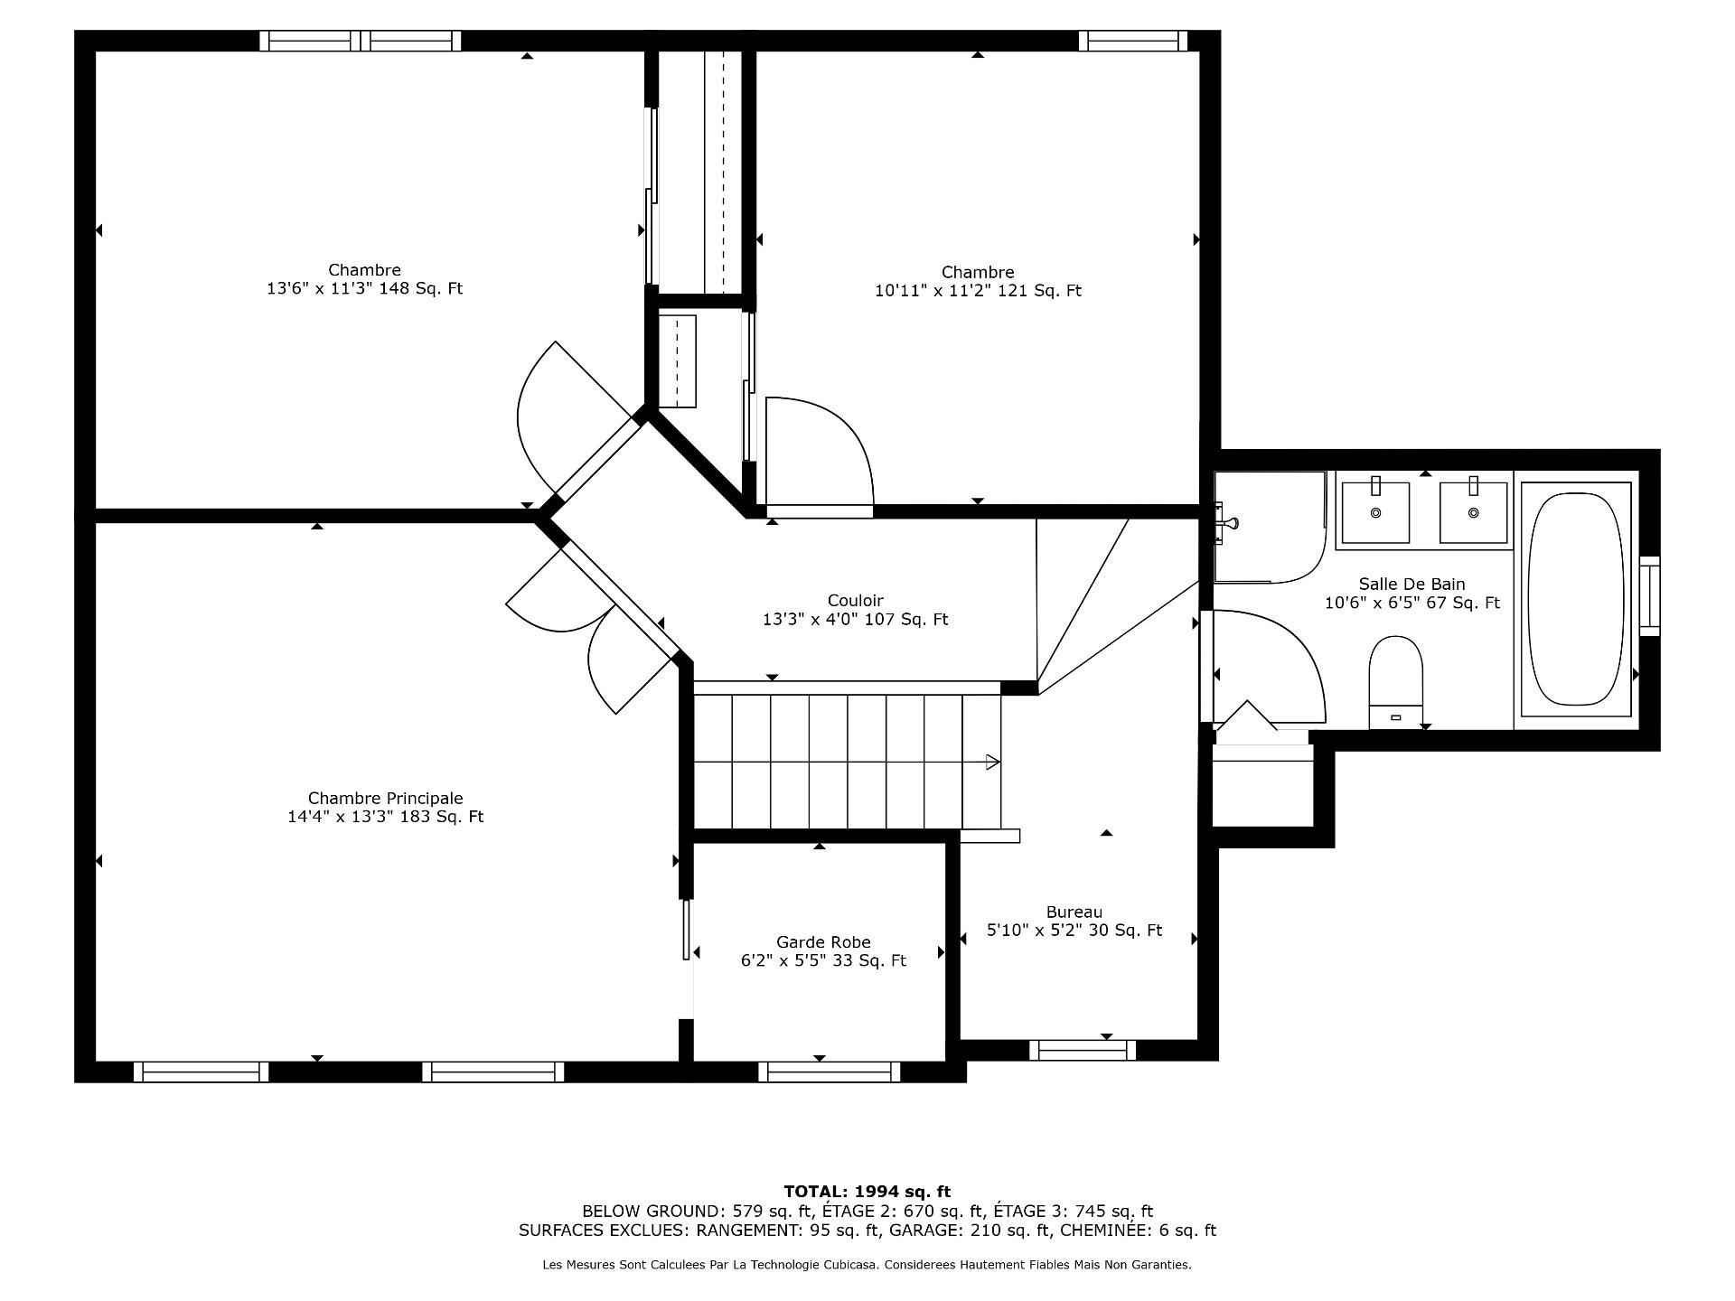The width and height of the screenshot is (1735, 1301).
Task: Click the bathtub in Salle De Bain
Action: click(x=1577, y=598)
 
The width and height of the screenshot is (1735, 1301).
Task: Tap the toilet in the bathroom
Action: click(x=1396, y=682)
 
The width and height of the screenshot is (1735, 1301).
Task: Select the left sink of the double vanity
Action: click(x=1375, y=512)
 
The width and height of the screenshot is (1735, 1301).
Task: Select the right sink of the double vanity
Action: click(x=1473, y=512)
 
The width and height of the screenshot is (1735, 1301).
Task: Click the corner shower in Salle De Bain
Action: click(x=1269, y=527)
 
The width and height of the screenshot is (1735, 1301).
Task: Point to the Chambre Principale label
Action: click(x=385, y=798)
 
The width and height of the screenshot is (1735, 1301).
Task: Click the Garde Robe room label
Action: click(x=823, y=942)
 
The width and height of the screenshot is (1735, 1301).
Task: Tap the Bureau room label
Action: click(x=1074, y=912)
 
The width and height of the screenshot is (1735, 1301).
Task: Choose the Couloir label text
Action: click(x=855, y=601)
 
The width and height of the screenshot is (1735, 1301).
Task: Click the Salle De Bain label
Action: click(x=1411, y=584)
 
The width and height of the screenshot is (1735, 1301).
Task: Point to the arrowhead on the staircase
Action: click(x=992, y=762)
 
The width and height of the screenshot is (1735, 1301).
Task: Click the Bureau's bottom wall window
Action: click(x=1083, y=1050)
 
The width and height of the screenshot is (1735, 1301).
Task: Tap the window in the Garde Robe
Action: click(x=830, y=1072)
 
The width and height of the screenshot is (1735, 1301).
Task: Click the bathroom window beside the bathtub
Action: click(x=1649, y=594)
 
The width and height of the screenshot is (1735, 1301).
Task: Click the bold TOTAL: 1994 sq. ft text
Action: click(x=867, y=1192)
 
